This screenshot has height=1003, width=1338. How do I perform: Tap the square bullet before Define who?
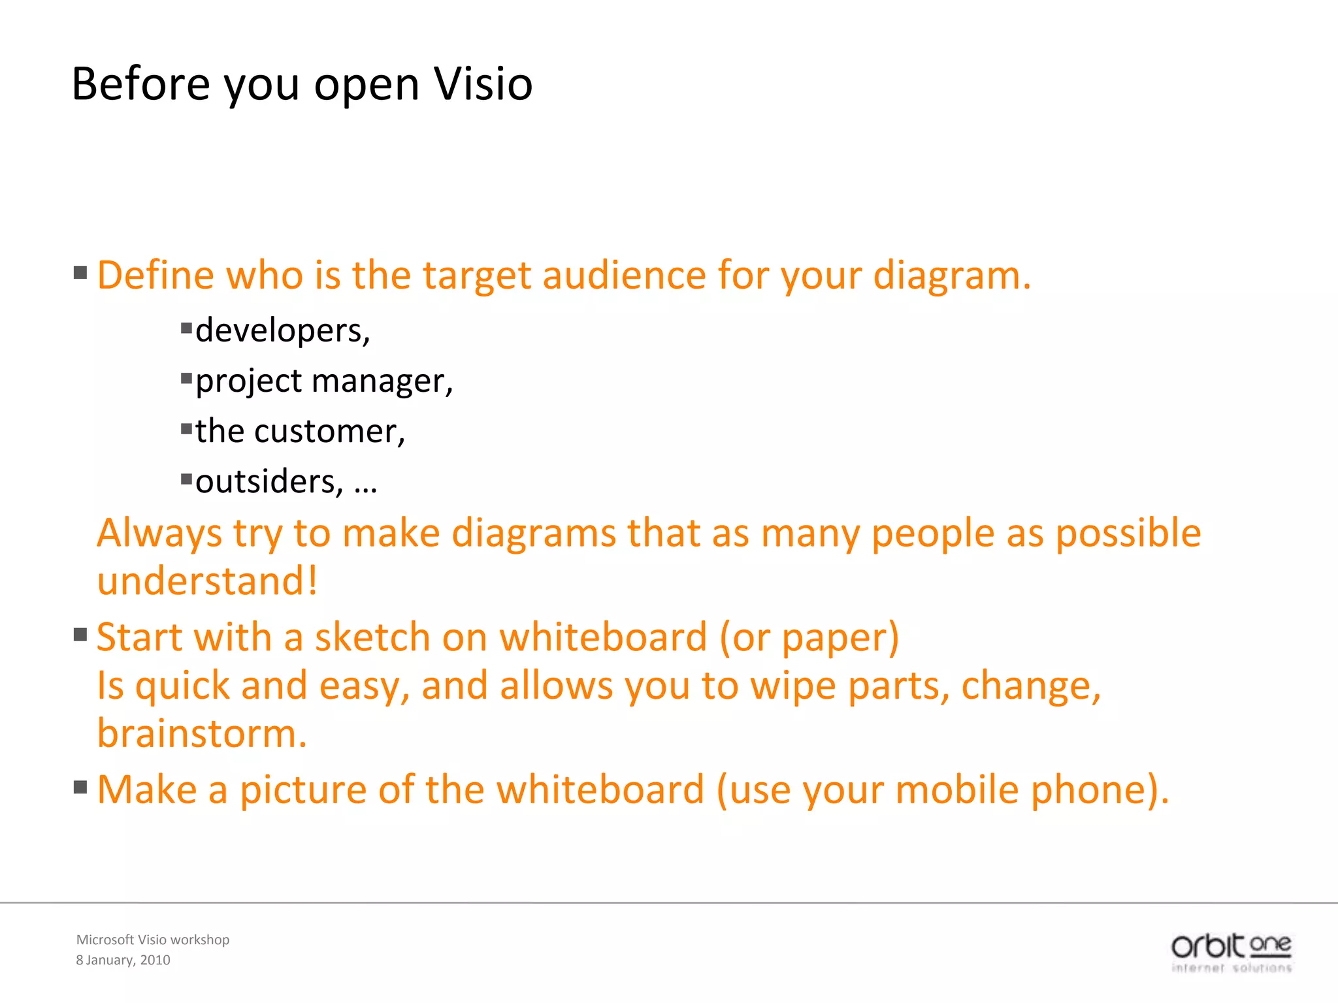80,272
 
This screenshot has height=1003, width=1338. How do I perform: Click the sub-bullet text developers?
282,330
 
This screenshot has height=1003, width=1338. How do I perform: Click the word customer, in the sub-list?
329,431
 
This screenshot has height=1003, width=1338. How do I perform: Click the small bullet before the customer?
187,429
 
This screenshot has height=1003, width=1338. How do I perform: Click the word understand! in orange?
207,581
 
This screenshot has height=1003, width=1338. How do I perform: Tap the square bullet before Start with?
80,635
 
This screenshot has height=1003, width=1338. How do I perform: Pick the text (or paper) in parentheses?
809,637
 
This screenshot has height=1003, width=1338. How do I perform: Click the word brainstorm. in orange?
202,733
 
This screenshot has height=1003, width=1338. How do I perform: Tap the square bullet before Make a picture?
80,787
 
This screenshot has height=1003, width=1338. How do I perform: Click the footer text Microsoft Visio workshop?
153,939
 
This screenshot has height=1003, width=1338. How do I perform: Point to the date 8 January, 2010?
123,960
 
